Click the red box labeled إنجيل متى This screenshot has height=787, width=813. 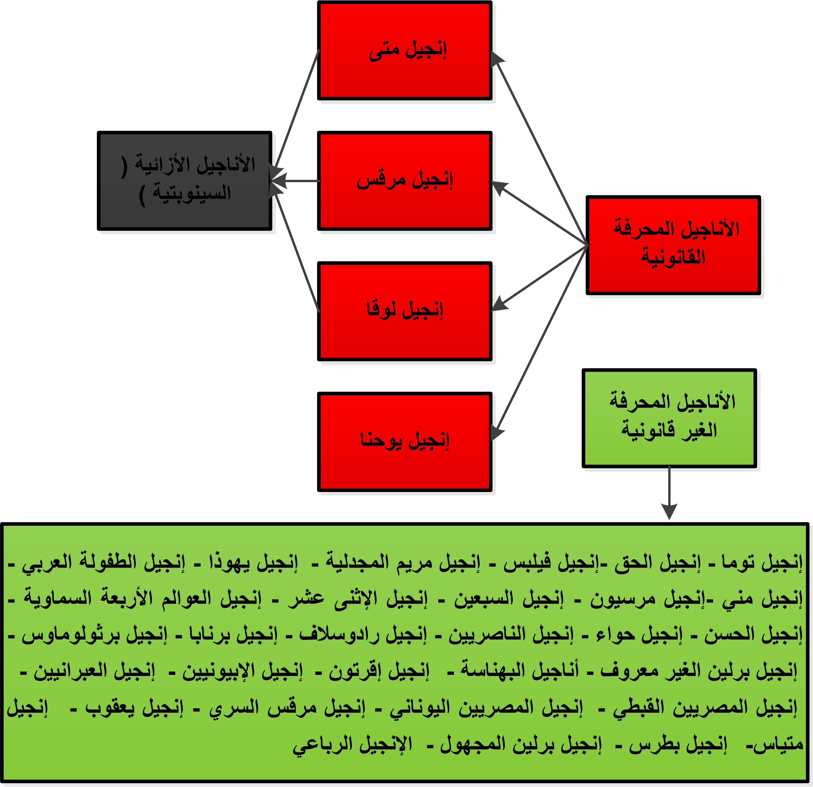(x=404, y=51)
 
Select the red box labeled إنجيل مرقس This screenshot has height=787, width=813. (x=404, y=181)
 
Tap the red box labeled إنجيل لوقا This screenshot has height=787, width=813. (x=404, y=311)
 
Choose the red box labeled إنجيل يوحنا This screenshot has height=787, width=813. (x=404, y=441)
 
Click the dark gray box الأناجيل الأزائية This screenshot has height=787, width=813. (x=185, y=181)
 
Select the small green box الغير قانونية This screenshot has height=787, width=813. (x=669, y=418)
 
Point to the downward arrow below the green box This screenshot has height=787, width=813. (x=669, y=493)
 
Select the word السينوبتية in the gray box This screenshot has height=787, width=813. (x=192, y=193)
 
